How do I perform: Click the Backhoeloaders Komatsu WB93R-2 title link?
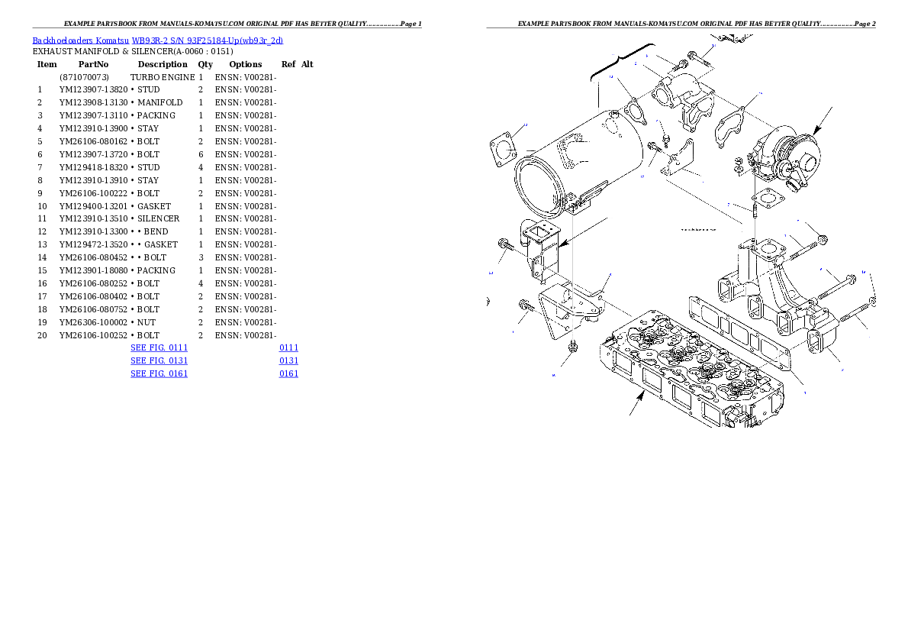(157, 40)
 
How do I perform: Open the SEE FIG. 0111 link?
(159, 347)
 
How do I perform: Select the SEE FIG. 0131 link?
(159, 360)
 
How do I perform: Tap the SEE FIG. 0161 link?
(159, 373)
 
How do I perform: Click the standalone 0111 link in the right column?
(288, 347)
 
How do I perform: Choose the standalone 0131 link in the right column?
(288, 360)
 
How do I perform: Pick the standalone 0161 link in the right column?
(288, 373)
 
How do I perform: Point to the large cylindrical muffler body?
(565, 164)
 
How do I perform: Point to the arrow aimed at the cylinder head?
(636, 404)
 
